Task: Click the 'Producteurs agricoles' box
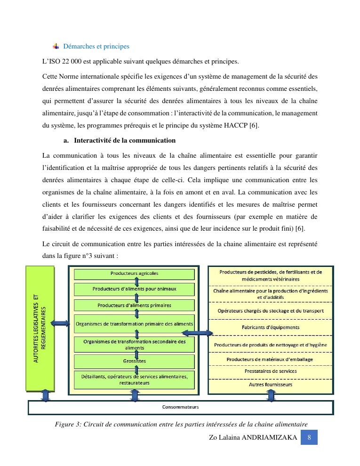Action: pos(135,273)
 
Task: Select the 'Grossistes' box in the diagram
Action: pos(135,361)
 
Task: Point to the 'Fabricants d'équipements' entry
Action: pos(271,327)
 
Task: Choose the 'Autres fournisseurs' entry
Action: pos(271,385)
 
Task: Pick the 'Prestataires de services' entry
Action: pos(271,371)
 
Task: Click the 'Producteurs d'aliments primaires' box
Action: pos(135,305)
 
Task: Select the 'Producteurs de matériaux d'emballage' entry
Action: pos(271,359)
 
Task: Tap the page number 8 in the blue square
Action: pos(309,437)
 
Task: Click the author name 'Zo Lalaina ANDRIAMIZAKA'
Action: pos(253,438)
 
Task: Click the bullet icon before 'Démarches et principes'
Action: pos(56,46)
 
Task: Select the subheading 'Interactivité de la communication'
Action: pos(125,140)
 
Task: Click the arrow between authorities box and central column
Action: pos(61,323)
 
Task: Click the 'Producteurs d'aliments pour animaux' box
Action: pos(135,289)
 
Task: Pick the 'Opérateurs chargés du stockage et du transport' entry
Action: pos(271,311)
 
